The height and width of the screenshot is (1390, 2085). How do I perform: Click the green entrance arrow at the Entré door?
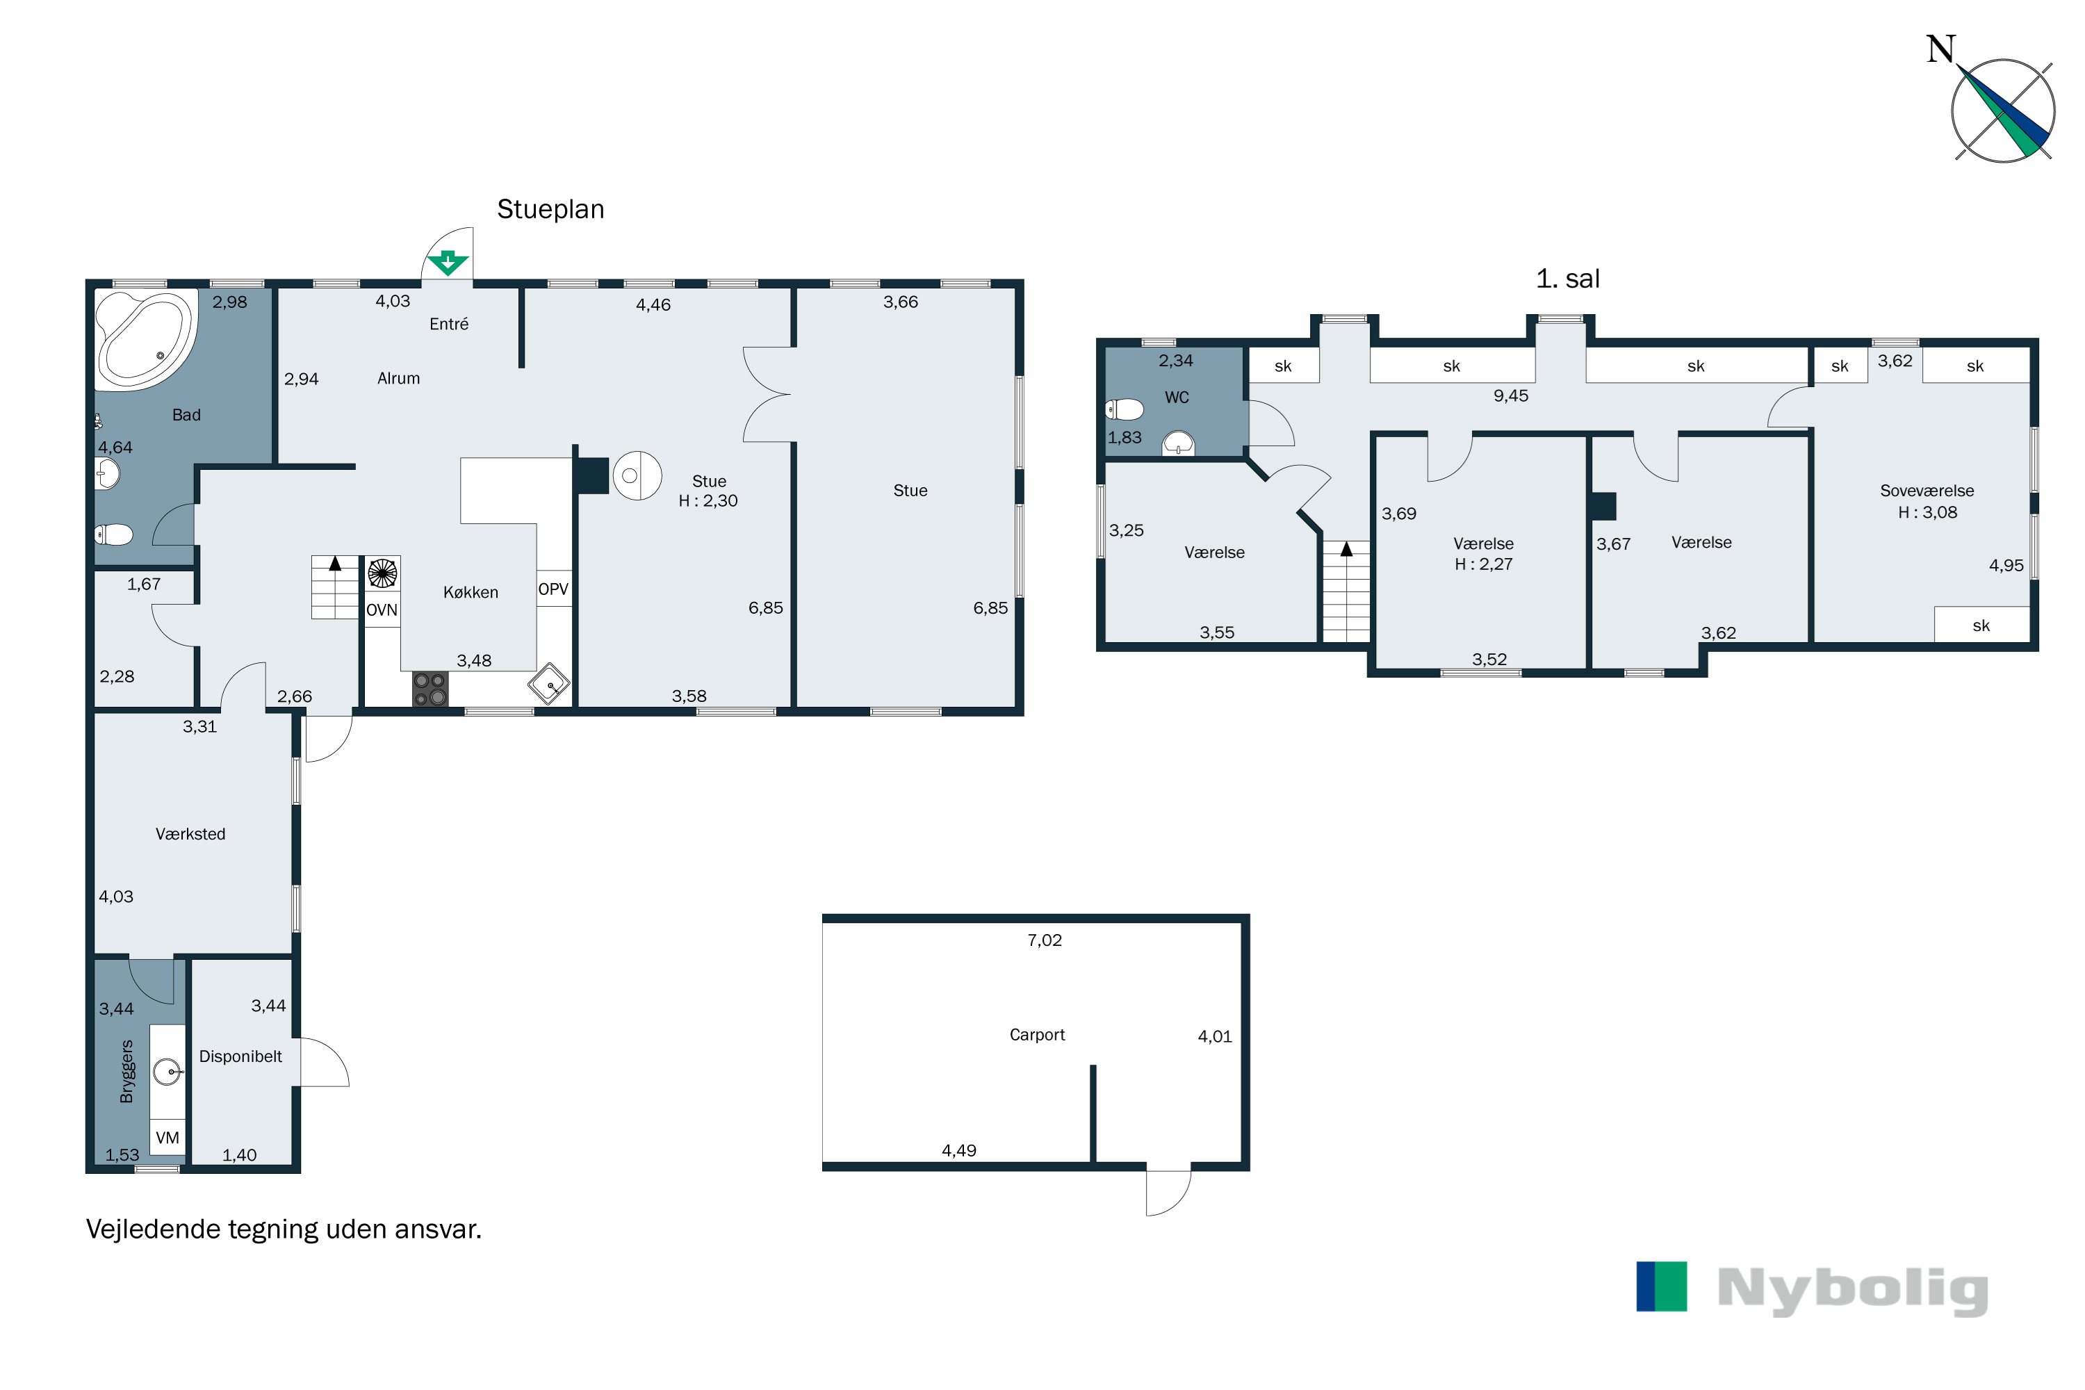(448, 263)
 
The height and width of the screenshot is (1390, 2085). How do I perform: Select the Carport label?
(1037, 1035)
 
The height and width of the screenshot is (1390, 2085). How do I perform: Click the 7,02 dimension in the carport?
(1045, 940)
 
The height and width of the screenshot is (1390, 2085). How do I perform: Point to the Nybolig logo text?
(1853, 1291)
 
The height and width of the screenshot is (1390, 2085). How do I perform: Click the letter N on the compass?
(1940, 49)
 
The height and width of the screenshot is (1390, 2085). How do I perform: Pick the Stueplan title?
(550, 209)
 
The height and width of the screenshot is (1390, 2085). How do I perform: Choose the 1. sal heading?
(1567, 279)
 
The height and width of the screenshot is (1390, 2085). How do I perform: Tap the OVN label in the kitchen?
(382, 610)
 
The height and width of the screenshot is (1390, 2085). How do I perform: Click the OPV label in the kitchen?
(553, 589)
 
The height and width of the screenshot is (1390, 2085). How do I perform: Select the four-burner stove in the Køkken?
(430, 689)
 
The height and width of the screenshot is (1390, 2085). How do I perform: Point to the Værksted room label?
(190, 834)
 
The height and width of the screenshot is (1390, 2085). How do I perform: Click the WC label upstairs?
(1177, 397)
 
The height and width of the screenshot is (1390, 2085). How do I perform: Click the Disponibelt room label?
(240, 1056)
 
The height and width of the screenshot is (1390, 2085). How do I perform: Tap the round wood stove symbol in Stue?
(637, 476)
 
